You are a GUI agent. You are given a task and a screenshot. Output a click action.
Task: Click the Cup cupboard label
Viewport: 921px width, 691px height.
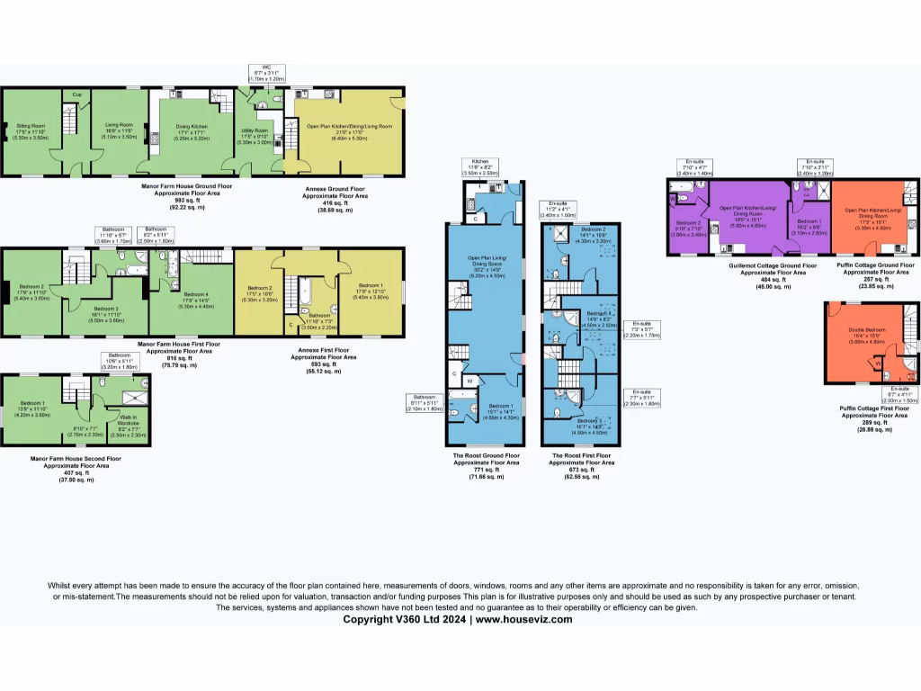pos(78,94)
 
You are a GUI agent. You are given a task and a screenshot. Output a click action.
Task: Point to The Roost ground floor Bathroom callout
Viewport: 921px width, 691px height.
pos(426,402)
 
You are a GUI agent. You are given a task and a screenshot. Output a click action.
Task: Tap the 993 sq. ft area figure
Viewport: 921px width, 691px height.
pos(174,201)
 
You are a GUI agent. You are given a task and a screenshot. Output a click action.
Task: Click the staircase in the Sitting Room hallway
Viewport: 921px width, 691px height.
pos(68,118)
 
